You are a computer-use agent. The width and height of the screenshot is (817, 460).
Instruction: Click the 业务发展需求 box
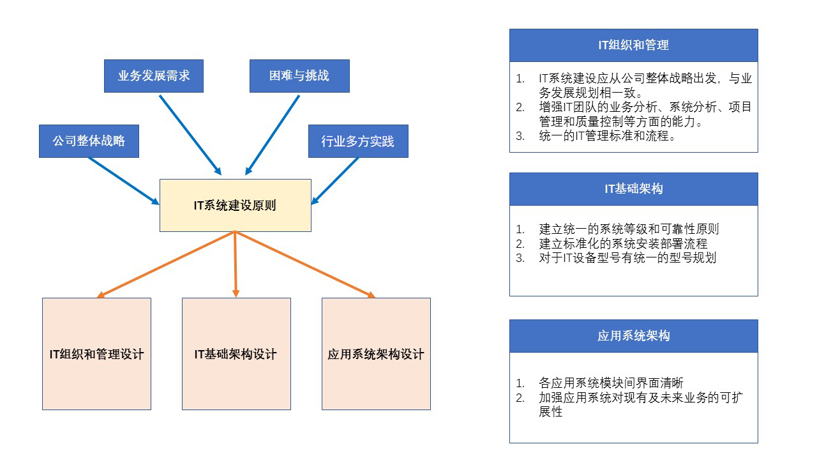[154, 76]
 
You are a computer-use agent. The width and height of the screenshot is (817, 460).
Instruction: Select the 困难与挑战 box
[299, 76]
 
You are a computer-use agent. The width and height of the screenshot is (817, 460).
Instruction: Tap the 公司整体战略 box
[89, 141]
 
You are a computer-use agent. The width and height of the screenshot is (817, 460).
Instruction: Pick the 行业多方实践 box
[358, 141]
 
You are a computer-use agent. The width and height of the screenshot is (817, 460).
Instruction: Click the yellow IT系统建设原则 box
[236, 205]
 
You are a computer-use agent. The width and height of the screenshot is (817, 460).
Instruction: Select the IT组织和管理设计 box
[96, 354]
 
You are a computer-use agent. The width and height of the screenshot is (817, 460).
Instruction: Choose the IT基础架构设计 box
[236, 354]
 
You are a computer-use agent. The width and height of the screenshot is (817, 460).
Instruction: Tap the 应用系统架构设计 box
[376, 354]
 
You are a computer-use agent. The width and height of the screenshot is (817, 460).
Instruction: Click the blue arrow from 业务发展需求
[190, 135]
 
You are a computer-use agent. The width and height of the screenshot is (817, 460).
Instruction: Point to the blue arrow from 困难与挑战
[272, 135]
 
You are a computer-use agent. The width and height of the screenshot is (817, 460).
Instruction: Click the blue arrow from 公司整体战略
[124, 181]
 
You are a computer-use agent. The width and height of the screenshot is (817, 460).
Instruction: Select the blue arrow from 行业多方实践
[335, 181]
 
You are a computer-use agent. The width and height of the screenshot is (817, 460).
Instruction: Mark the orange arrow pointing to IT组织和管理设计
[166, 264]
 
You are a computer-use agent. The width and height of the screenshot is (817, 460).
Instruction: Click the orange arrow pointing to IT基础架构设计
[236, 264]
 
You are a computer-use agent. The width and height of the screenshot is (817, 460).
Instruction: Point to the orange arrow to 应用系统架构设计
[305, 264]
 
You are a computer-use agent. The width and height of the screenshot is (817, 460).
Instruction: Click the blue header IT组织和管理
[634, 45]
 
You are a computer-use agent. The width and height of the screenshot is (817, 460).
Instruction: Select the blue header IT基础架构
[634, 188]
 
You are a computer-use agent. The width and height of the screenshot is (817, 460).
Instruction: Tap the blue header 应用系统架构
[634, 336]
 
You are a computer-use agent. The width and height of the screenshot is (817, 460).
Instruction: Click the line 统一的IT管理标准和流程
[607, 136]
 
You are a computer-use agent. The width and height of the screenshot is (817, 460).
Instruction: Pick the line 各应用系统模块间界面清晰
[611, 383]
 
